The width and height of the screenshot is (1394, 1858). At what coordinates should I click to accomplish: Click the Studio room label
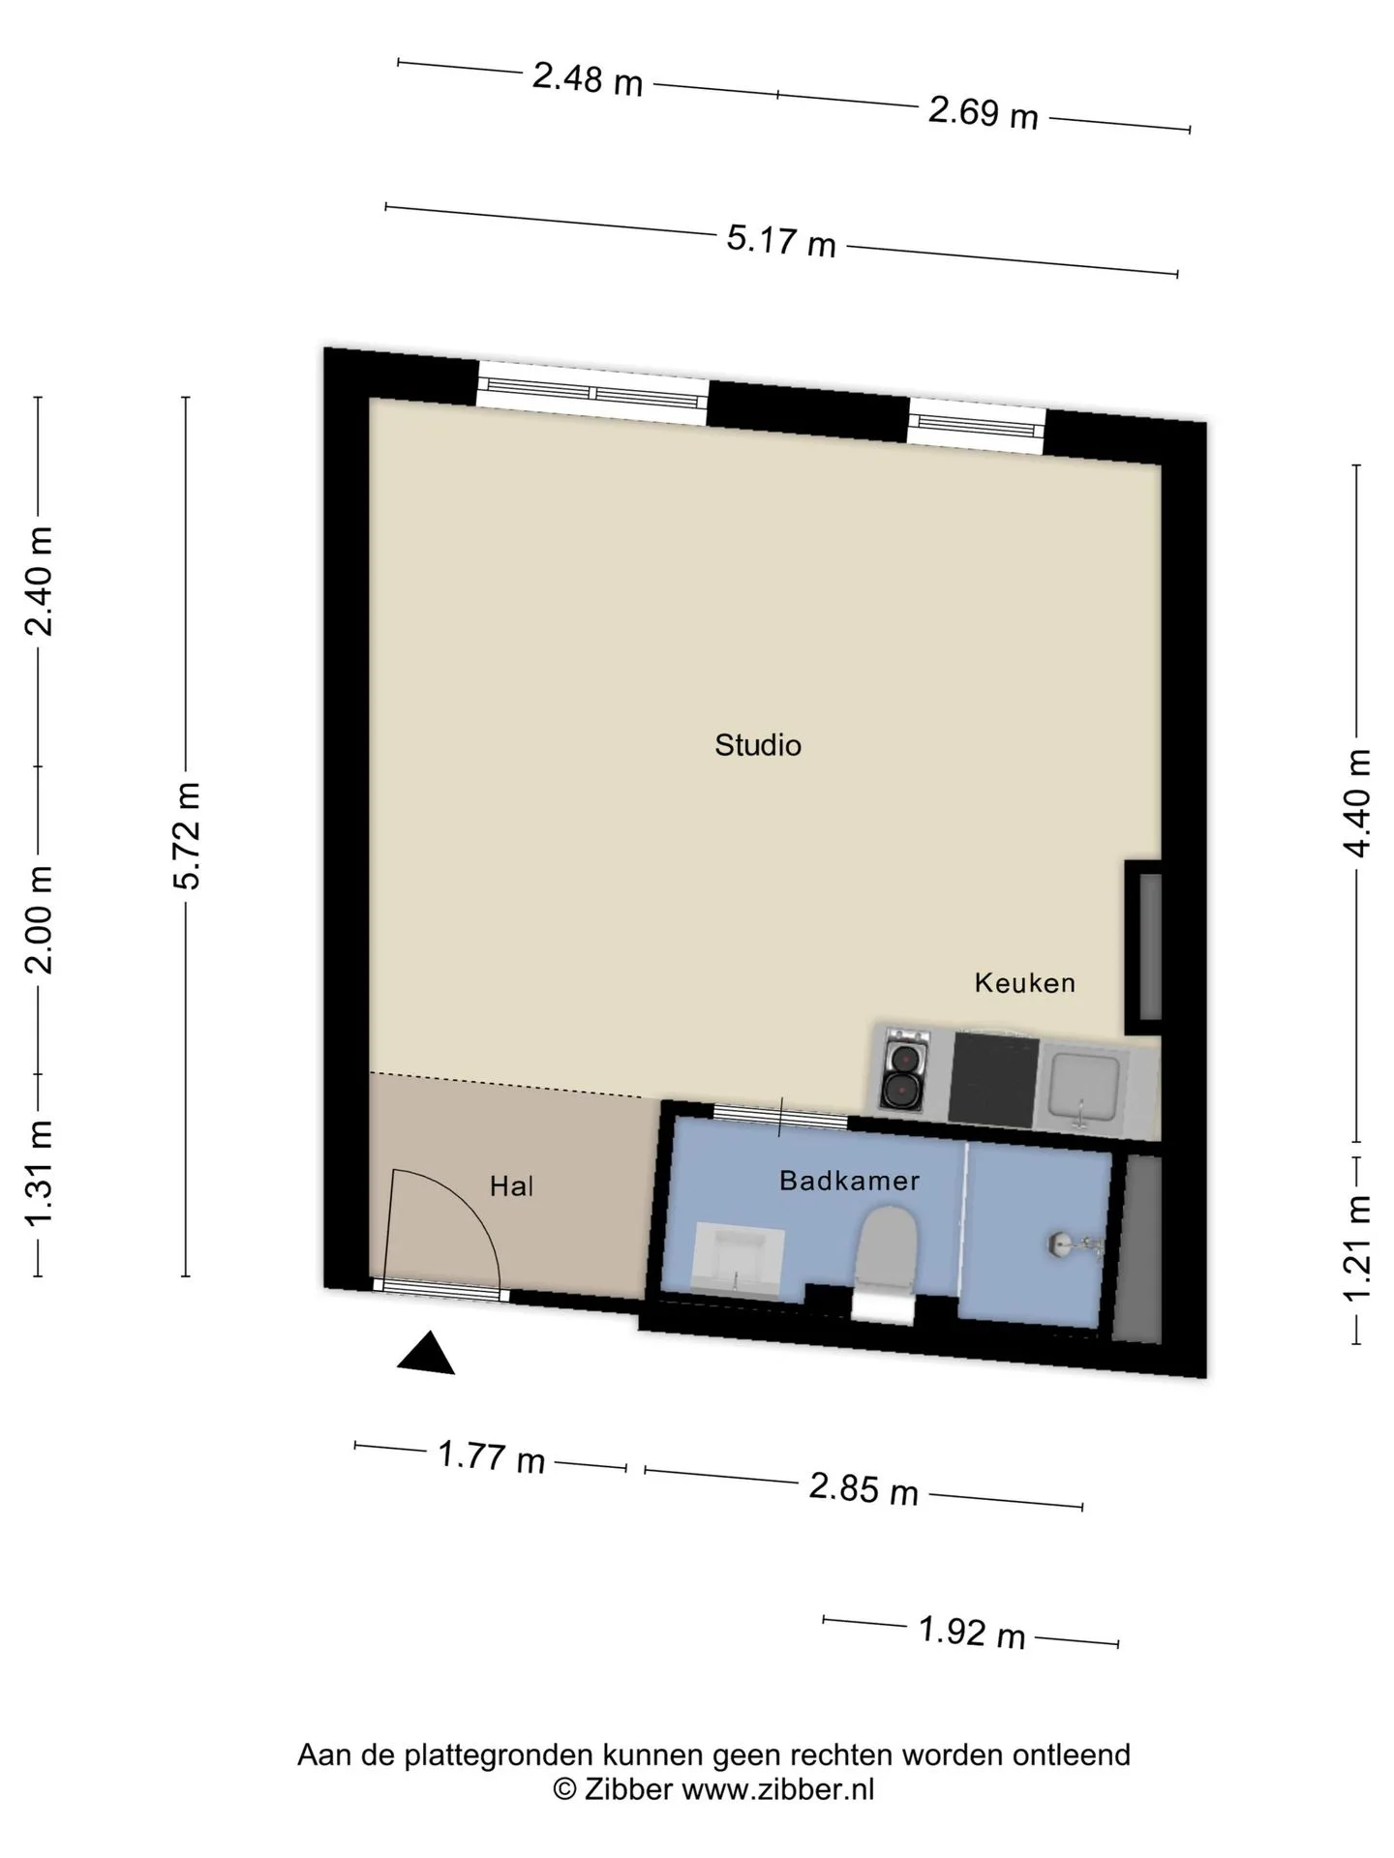[758, 745]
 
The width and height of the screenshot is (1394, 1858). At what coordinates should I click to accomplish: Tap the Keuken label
[1025, 983]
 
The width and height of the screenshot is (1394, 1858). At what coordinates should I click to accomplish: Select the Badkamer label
[849, 1181]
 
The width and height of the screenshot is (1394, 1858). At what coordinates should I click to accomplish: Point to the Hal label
[511, 1186]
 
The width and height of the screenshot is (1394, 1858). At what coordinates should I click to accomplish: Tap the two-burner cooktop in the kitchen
[904, 1070]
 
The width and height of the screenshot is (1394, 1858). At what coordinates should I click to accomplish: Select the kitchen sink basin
[1084, 1088]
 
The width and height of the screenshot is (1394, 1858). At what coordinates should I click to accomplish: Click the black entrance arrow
[426, 1355]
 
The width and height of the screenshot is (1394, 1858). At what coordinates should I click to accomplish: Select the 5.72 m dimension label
[186, 835]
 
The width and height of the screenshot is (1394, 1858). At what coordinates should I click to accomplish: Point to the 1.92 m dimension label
[972, 1633]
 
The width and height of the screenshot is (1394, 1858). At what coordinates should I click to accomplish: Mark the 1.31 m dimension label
[40, 1172]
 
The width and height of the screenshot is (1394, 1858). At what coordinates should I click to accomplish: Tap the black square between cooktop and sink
[994, 1074]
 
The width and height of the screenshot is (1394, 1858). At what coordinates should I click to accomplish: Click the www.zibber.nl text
[777, 1789]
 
